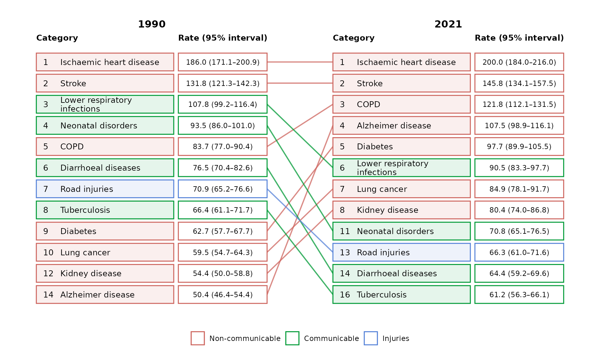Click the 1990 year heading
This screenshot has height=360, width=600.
(x=152, y=24)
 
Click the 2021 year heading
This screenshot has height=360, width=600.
(x=448, y=24)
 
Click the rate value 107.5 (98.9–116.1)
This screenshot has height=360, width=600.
(x=519, y=125)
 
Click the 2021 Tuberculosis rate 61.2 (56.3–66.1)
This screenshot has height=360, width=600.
(x=519, y=294)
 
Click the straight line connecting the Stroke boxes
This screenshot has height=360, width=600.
(x=300, y=83)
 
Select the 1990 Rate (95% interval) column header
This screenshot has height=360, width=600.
(x=223, y=38)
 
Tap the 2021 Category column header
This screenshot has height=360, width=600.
(x=353, y=38)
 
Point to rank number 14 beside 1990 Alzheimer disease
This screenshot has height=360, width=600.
(x=48, y=294)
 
